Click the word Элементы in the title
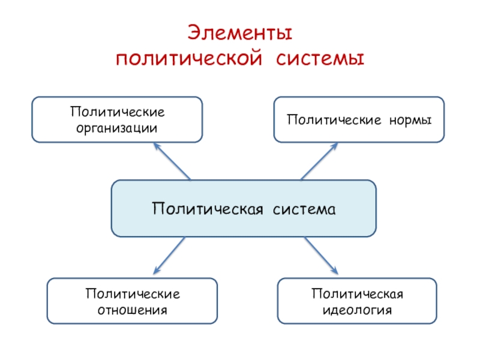240,33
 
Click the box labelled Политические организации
117,119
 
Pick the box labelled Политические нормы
359,119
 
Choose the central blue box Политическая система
244,208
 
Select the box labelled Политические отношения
132,301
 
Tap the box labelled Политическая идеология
357,301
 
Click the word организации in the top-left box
117,128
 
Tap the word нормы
410,120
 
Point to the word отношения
133,310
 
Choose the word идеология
357,310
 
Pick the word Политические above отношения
133,294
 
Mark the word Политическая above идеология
357,294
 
